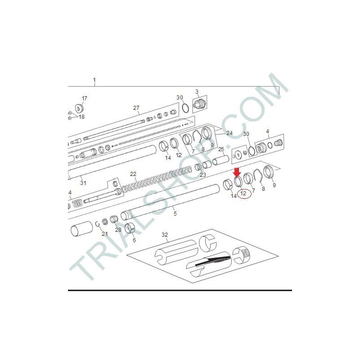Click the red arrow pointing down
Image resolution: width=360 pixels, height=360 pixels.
coord(237,172)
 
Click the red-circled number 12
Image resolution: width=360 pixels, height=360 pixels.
coord(243,193)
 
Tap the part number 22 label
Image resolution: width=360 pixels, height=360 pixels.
coord(133,174)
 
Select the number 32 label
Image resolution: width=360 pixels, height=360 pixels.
coord(165,234)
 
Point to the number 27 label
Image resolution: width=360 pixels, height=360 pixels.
coord(136,108)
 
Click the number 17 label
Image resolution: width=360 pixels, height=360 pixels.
coord(84,98)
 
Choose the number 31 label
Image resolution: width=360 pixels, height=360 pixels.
coord(83,183)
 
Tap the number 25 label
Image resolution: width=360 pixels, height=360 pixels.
coord(221,149)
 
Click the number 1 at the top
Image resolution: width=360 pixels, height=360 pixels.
coord(94,80)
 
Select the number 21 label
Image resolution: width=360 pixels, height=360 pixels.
coord(105,234)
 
